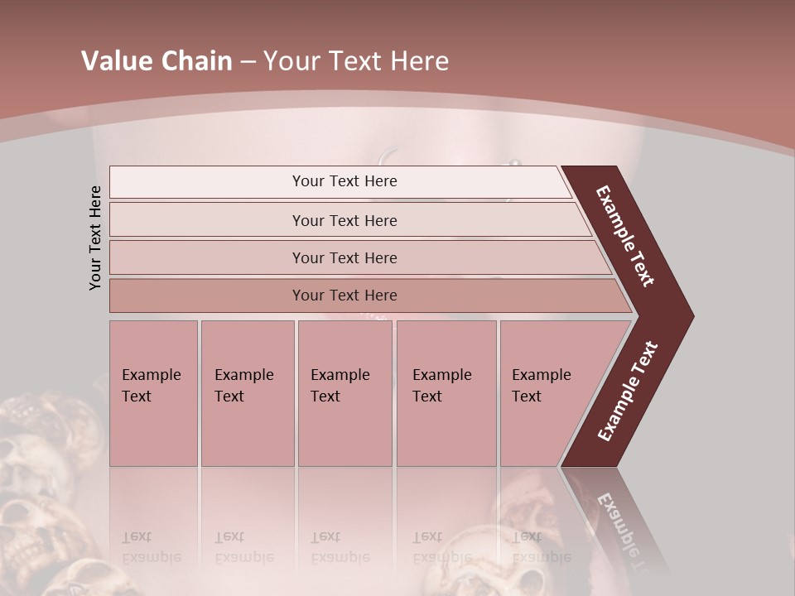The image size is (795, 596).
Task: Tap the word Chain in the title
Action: tap(195, 61)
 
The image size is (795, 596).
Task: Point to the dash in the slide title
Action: tap(248, 62)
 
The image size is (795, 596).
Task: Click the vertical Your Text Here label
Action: tap(95, 238)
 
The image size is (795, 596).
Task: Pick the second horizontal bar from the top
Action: tap(344, 220)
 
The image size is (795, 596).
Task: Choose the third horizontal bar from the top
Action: tap(344, 257)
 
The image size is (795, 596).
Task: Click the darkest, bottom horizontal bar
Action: tap(344, 296)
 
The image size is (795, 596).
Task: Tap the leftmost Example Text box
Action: tap(153, 393)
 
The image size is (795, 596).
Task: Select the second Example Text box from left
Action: tap(247, 393)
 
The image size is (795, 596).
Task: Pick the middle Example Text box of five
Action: tap(344, 393)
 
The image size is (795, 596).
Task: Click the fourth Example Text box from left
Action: tap(446, 393)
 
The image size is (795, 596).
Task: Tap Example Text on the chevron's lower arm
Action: tap(628, 392)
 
